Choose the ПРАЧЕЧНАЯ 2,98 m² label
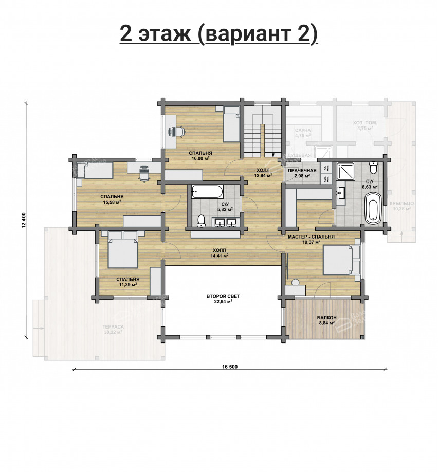pos(301,173)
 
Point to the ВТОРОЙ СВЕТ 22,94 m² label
pos(223,299)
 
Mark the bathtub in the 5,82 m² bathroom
pos(207,193)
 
